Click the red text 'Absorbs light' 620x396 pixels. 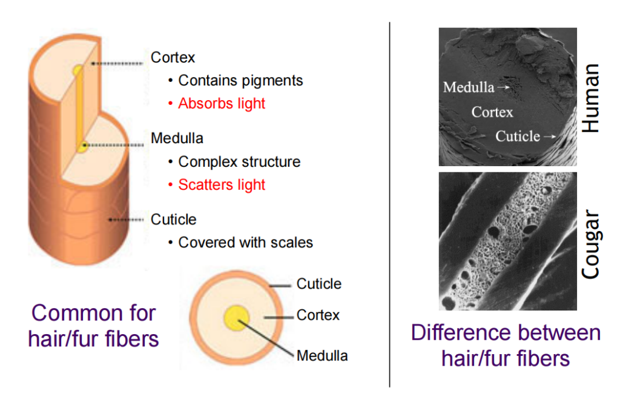tap(222, 103)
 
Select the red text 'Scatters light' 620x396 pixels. tap(222, 184)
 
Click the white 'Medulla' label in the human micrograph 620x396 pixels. tap(469, 87)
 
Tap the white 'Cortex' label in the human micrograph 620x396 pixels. tap(492, 112)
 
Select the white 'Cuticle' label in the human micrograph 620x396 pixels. tap(518, 136)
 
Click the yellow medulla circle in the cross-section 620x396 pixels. tap(237, 318)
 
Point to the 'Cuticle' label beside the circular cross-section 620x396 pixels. tap(318, 284)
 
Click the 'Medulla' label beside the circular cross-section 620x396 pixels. tap(322, 355)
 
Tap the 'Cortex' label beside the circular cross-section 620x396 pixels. tap(318, 315)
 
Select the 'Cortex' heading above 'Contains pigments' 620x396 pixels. tap(173, 58)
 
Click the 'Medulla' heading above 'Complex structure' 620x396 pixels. tap(177, 138)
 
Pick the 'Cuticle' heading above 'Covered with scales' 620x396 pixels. tap(174, 220)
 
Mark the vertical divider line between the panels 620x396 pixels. tap(389, 204)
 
